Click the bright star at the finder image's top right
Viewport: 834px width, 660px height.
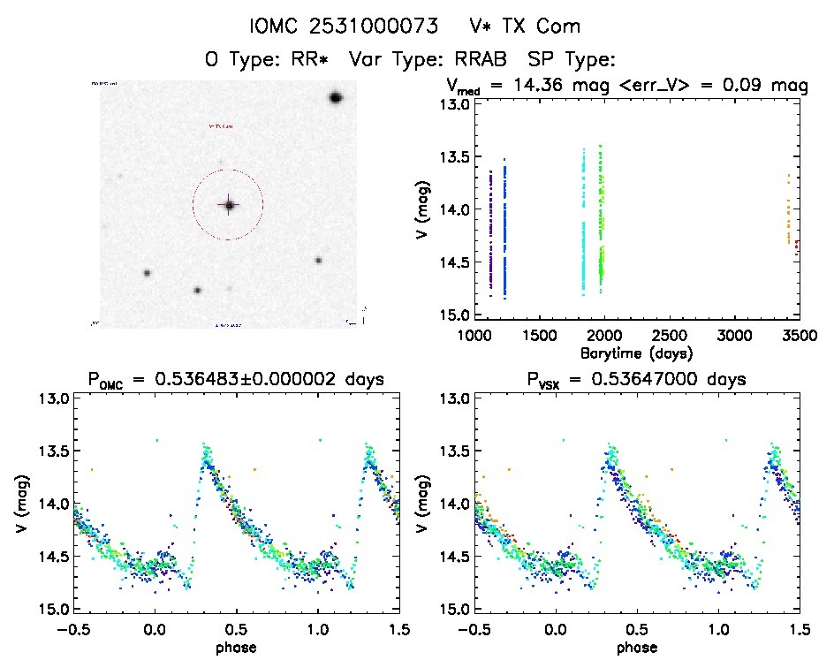click(x=336, y=97)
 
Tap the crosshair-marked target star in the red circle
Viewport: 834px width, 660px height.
click(x=229, y=205)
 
